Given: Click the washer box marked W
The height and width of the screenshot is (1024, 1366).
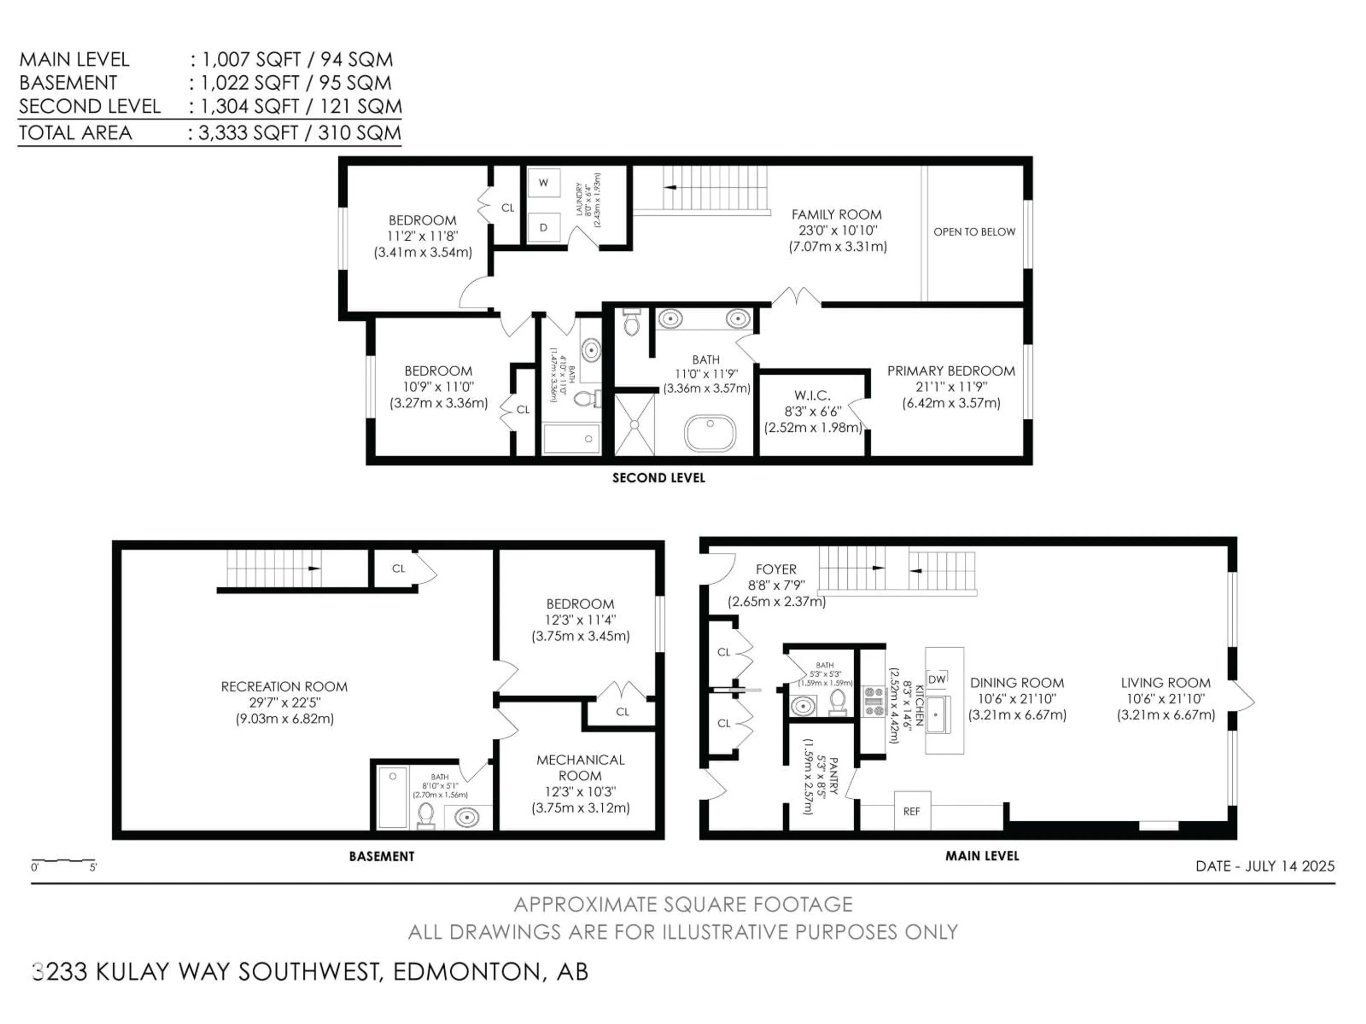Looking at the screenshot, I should point(544,183).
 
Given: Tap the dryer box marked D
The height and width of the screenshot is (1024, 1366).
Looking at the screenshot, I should point(544,227).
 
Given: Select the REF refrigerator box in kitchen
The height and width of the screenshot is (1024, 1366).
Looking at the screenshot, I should point(911,811).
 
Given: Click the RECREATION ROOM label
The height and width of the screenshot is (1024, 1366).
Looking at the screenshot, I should point(284,686).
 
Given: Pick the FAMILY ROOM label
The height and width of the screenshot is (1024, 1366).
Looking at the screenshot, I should point(836,214).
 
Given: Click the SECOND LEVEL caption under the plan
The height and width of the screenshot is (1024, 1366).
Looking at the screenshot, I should point(658,478).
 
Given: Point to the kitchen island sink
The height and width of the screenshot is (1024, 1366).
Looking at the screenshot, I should point(937,714).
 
